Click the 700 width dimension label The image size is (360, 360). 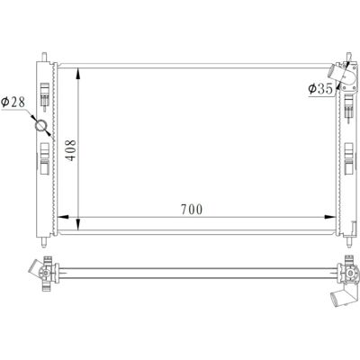pyautogui.click(x=192, y=210)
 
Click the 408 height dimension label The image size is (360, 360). pyautogui.click(x=71, y=150)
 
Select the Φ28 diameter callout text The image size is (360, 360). pyautogui.click(x=13, y=103)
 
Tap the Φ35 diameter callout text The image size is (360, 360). pyautogui.click(x=320, y=89)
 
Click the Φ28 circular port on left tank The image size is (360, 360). pyautogui.click(x=40, y=125)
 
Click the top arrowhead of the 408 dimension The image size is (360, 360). pyautogui.click(x=78, y=74)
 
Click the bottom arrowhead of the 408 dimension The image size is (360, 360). pyautogui.click(x=78, y=224)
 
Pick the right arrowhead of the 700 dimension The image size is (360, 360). pyautogui.click(x=330, y=217)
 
